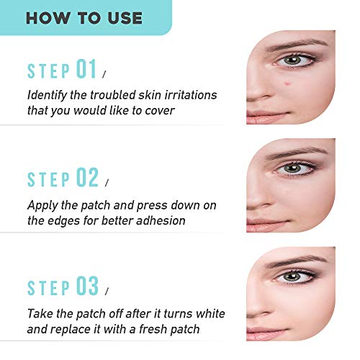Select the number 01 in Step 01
tap(86, 69)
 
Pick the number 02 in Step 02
tap(87, 177)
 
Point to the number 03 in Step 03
tap(87, 286)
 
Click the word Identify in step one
tap(47, 96)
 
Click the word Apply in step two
tap(42, 206)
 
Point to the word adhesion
tap(161, 220)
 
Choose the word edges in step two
tap(63, 222)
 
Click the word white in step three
tap(210, 313)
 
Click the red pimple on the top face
tap(287, 84)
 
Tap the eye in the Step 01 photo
tap(294, 60)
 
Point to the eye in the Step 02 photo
tap(294, 168)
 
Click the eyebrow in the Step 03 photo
tap(297, 261)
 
